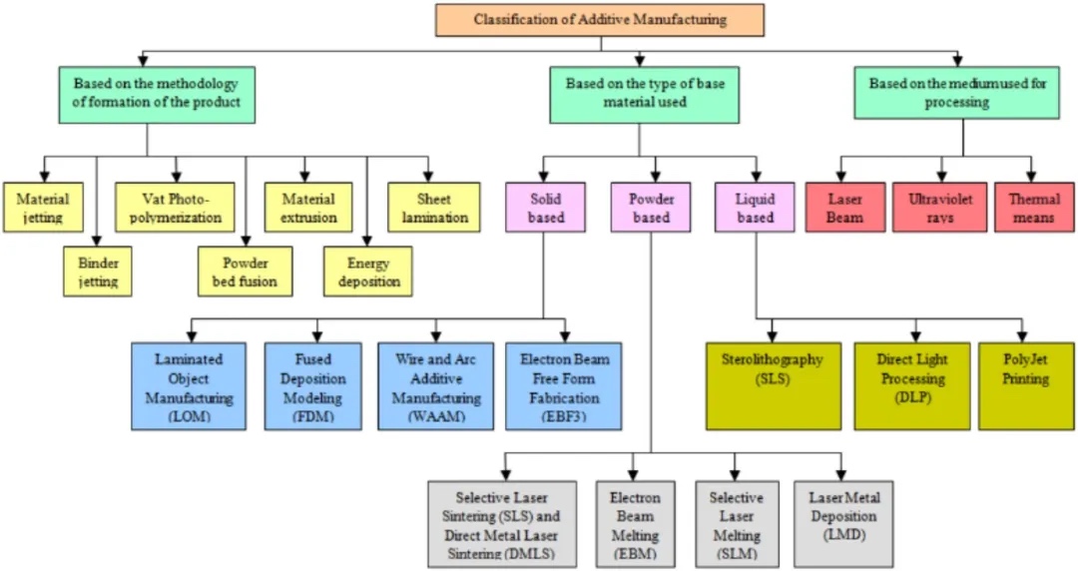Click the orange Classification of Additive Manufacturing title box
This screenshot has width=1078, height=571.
599,20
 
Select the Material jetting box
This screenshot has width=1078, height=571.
42,208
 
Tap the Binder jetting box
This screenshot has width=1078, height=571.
98,273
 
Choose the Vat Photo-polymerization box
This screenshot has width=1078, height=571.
176,208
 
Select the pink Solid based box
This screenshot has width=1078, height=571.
546,208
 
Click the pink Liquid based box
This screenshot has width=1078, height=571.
756,208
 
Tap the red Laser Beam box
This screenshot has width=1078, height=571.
844,208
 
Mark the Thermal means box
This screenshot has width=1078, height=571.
1033,208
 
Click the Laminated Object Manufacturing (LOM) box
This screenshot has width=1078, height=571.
189,386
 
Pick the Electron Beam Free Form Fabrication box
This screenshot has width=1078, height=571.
564,386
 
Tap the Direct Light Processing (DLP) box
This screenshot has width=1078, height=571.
911,386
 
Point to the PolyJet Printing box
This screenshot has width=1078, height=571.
1026,386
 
